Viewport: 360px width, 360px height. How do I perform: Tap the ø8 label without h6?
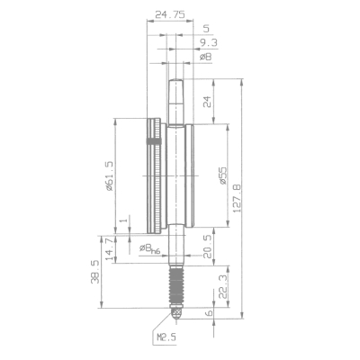pos(205,57)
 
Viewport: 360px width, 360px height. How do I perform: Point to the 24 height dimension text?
pos(209,103)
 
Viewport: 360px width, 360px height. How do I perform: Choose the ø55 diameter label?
pos(222,175)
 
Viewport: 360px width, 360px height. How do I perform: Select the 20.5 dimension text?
pos(207,247)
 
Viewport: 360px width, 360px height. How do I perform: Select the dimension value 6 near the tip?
pos(210,312)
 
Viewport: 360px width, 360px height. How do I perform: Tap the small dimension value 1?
pos(121,221)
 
